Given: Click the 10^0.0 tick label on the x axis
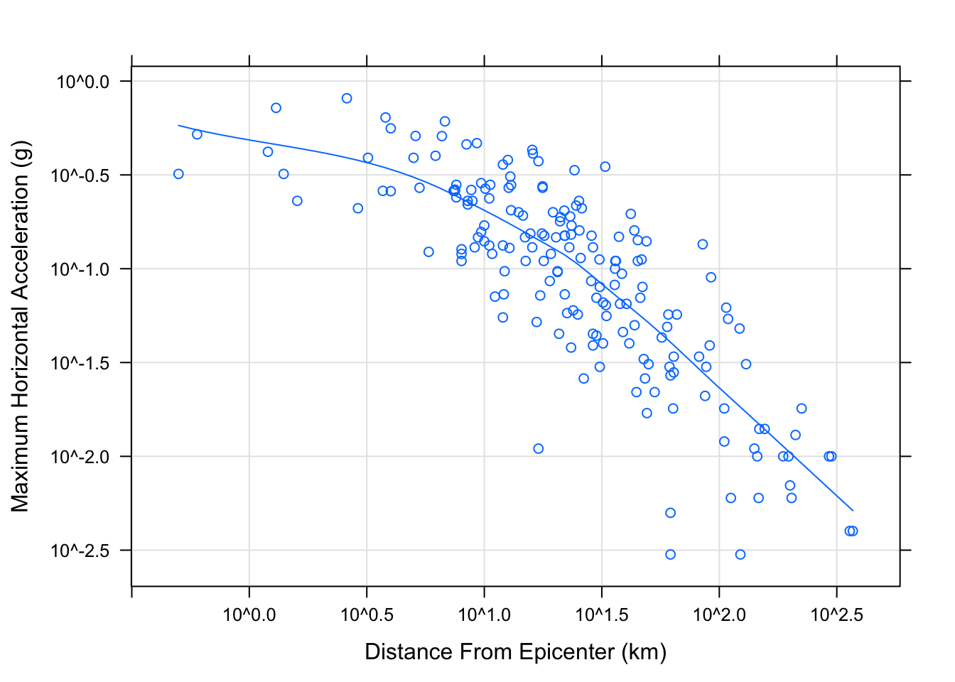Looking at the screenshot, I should coord(249,615).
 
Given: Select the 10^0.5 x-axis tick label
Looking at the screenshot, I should coord(367,615).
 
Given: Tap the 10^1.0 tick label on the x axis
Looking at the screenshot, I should coord(484,615).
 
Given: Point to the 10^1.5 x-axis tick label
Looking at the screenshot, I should coord(602,615).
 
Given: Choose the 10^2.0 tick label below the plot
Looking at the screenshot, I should coord(719,615).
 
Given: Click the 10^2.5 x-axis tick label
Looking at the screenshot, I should coord(836,615).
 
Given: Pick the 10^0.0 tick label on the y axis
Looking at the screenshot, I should coord(83,82).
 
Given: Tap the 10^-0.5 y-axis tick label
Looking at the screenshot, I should coord(80,175).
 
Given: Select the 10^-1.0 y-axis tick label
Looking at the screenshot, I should coord(80,269).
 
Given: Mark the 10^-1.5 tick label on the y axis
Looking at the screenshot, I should coord(80,363).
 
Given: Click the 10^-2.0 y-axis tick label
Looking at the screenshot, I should coord(80,457).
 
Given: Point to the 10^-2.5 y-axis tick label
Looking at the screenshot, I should coord(80,551).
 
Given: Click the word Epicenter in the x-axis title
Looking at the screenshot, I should coord(566,652).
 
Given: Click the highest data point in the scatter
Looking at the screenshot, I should coord(347,98).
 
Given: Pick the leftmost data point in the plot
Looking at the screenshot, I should coord(178,174).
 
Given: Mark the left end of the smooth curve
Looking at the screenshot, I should coord(178,126).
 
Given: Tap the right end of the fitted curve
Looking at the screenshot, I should coord(852,510).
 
